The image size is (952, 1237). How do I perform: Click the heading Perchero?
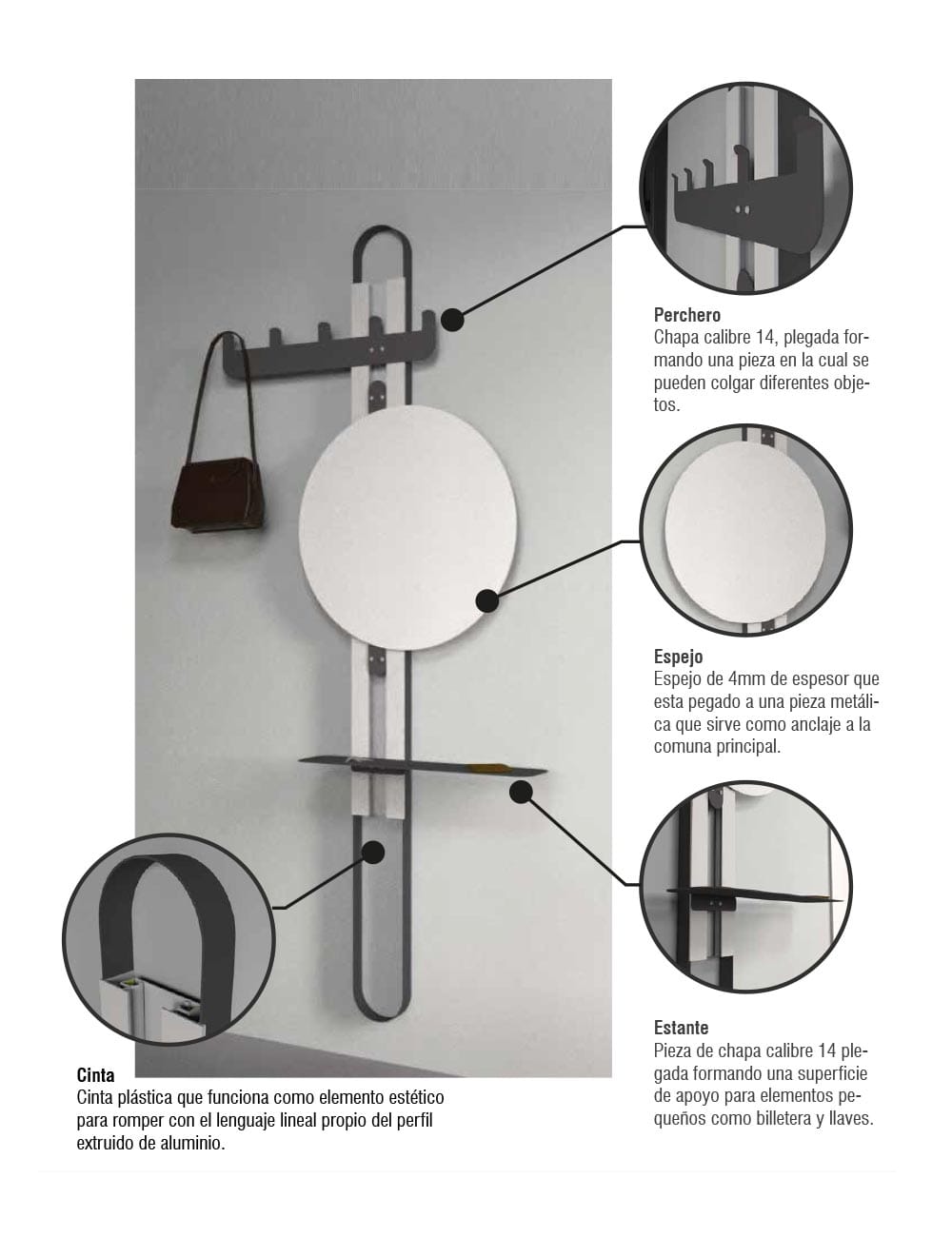(686, 315)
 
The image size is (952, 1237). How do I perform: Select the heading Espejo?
(678, 657)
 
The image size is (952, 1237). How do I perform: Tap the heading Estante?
(681, 1028)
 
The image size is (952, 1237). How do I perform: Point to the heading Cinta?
(95, 1075)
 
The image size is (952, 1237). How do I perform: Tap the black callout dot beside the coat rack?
(452, 320)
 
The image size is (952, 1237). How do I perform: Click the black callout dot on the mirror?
(487, 601)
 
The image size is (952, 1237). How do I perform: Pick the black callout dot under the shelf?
(521, 792)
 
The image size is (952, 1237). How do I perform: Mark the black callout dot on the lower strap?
(373, 853)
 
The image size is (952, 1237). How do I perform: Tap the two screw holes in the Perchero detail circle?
(742, 209)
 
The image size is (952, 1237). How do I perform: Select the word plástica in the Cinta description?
(146, 1097)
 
